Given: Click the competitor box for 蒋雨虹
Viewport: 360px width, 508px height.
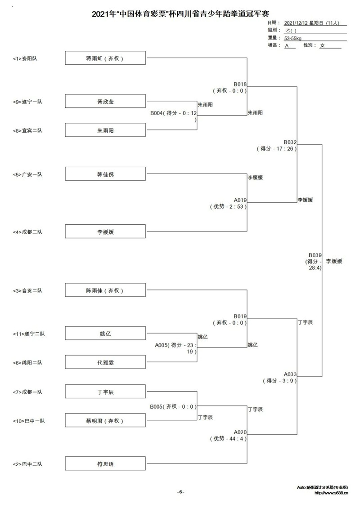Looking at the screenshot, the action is [x=105, y=58].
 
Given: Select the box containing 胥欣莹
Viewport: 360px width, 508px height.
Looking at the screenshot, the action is [x=105, y=102].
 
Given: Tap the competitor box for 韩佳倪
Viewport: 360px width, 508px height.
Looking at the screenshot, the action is [x=105, y=174].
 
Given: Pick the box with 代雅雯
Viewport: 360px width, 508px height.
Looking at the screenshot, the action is [x=105, y=362].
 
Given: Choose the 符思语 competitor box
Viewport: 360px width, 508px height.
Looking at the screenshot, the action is [x=105, y=464].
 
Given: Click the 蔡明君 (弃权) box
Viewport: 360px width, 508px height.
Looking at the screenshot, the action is [x=105, y=420].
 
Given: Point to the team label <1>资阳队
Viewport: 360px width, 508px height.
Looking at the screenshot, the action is [x=25, y=58].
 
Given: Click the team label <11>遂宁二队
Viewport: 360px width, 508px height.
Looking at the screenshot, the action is [x=29, y=334].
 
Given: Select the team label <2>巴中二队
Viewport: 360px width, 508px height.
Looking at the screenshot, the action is [x=27, y=464].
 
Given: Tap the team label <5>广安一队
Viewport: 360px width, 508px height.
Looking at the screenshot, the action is [x=27, y=174].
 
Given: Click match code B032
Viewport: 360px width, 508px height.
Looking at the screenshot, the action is [x=290, y=142].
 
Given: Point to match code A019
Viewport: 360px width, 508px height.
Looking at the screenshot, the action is [x=240, y=200].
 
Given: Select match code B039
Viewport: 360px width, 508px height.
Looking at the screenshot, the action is [x=315, y=255].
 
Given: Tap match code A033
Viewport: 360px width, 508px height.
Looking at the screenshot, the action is [x=290, y=374].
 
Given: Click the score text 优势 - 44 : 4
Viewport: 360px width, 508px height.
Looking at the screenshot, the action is [x=228, y=439].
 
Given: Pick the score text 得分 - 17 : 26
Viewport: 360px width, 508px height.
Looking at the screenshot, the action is [x=277, y=149].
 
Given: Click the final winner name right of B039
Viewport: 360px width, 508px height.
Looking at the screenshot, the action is [x=334, y=261].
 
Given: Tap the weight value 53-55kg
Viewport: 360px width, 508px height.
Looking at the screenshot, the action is [x=292, y=38].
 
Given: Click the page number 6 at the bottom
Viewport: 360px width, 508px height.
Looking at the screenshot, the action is [x=180, y=492].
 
